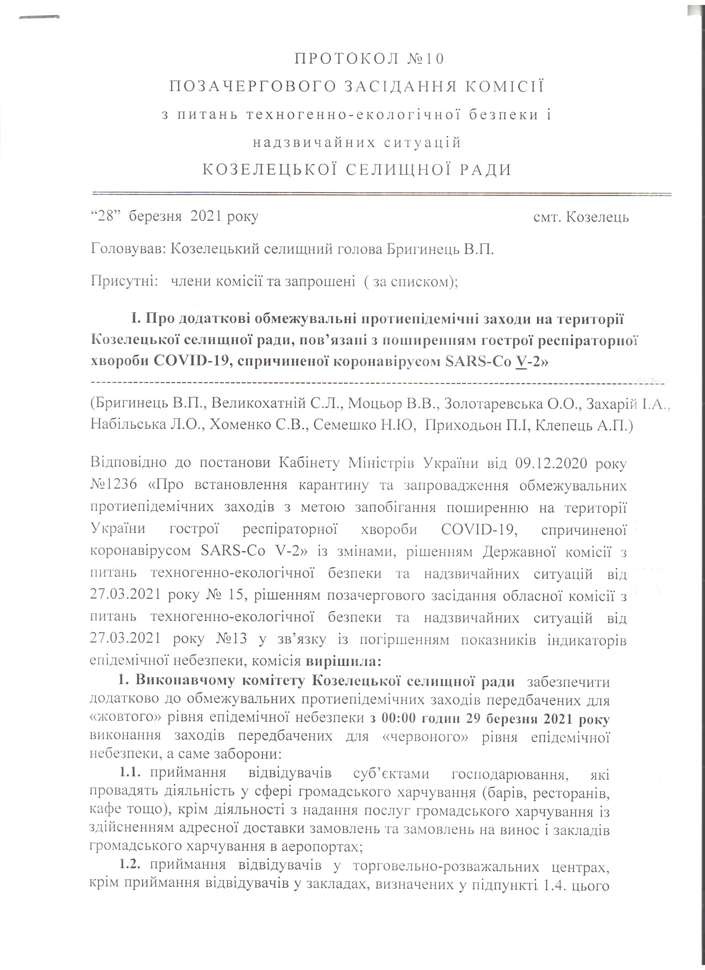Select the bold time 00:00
[397, 719]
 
